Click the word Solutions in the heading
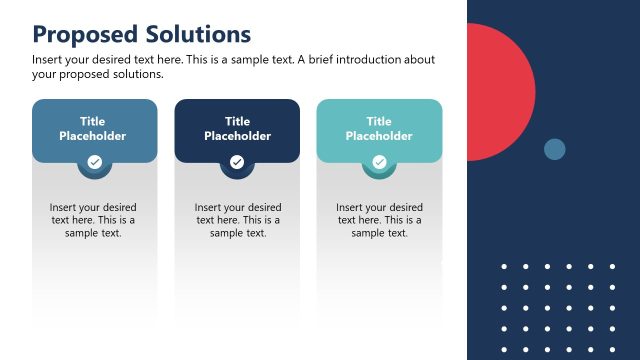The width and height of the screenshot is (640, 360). tap(194, 34)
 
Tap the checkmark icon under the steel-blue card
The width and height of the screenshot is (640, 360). tap(94, 161)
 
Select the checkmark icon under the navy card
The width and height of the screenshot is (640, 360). tap(237, 161)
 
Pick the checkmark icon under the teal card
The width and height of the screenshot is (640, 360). tap(379, 161)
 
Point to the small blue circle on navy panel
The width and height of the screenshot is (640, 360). tap(554, 149)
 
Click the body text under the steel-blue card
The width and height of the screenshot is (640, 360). tap(93, 220)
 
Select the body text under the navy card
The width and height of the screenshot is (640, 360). tap(238, 220)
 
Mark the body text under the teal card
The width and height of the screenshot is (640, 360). tap(379, 220)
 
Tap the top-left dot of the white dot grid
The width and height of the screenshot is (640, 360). tap(503, 266)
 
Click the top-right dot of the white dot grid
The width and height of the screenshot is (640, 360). tap(612, 266)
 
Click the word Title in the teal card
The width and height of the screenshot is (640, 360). tap(379, 122)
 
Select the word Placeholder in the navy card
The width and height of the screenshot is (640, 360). tap(237, 136)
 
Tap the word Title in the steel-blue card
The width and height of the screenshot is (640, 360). tap(93, 122)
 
